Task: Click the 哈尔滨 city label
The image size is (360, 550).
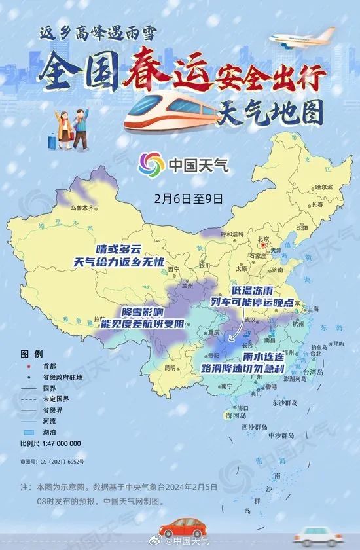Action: tap(323, 187)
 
